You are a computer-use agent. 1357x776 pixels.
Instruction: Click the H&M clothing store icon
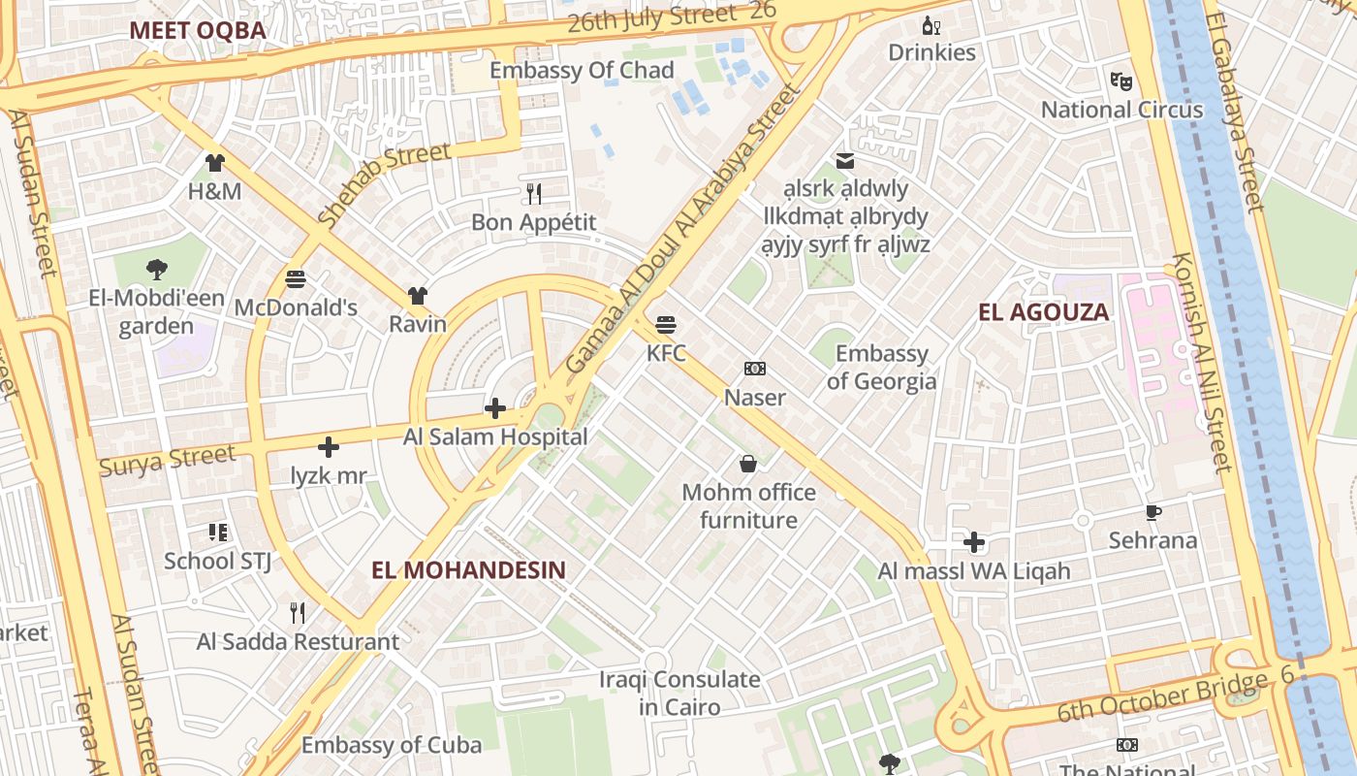pyautogui.click(x=215, y=163)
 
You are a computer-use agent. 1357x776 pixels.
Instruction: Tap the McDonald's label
pyautogui.click(x=296, y=308)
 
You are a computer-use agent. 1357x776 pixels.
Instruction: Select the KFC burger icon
pyautogui.click(x=666, y=324)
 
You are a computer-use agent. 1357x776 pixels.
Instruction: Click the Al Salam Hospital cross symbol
pyautogui.click(x=495, y=408)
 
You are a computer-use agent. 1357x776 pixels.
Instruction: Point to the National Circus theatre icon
pyautogui.click(x=1121, y=81)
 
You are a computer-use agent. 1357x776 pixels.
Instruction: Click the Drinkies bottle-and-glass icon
pyautogui.click(x=931, y=25)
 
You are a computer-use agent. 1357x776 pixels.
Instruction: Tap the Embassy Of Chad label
pyautogui.click(x=582, y=70)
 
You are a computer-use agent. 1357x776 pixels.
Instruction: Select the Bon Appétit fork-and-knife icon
pyautogui.click(x=534, y=194)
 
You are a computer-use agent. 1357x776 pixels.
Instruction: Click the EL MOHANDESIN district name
pyautogui.click(x=468, y=569)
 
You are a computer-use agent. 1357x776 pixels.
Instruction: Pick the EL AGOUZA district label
pyautogui.click(x=1044, y=311)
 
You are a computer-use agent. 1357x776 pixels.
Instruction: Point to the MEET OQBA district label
pyautogui.click(x=198, y=30)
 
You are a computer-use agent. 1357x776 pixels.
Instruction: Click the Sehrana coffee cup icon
pyautogui.click(x=1152, y=512)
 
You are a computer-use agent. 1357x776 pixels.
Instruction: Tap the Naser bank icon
pyautogui.click(x=755, y=369)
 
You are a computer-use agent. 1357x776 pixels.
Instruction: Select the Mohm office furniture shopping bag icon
pyautogui.click(x=748, y=464)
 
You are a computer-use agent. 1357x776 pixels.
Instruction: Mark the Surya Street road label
pyautogui.click(x=168, y=460)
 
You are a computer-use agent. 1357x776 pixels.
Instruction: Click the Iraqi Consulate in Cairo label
pyautogui.click(x=678, y=693)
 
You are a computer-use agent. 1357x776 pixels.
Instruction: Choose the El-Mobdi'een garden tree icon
pyautogui.click(x=156, y=270)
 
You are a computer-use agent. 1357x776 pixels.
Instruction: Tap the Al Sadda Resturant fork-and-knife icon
pyautogui.click(x=298, y=613)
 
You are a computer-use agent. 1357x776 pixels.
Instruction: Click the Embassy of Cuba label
pyautogui.click(x=391, y=745)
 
